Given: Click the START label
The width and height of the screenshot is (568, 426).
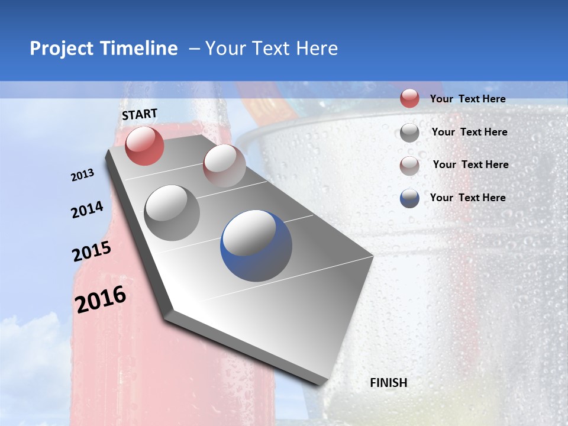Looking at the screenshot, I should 140,114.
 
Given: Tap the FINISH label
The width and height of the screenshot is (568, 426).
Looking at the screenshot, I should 389,383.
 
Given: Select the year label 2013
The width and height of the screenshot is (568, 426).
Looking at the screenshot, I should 83,175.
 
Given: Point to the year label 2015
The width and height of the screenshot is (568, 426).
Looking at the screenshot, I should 92,252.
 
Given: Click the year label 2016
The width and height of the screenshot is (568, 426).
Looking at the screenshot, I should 101,299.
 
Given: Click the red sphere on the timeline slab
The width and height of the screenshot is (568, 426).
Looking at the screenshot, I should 144,146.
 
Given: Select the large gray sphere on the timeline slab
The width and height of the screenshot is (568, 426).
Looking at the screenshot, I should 172,212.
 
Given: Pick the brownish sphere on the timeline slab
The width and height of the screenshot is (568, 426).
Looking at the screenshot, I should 224,165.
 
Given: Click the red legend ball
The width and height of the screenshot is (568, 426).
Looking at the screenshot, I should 409,98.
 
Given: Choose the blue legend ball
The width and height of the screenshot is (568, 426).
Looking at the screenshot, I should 409,198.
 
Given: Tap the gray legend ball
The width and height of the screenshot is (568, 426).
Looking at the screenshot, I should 409,133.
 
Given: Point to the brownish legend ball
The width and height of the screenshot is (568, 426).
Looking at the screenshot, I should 409,166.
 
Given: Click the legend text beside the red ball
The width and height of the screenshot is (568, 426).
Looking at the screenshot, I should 467,99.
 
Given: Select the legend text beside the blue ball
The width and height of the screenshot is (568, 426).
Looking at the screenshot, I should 467,198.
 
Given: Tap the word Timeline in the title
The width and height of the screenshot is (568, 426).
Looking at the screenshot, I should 139,49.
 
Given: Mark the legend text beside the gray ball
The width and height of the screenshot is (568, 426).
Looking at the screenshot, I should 469,132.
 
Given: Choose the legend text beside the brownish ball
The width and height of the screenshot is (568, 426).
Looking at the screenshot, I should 470,164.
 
